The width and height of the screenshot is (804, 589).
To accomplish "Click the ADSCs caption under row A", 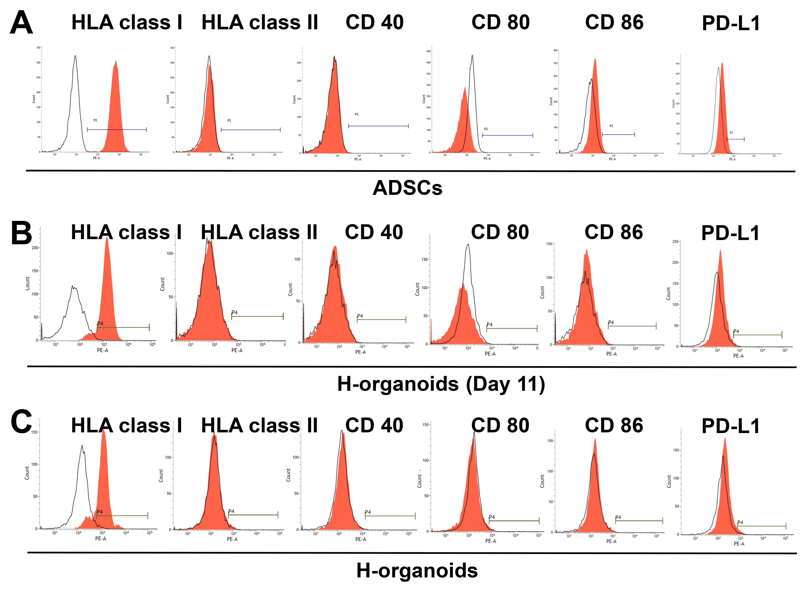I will tap(407, 188).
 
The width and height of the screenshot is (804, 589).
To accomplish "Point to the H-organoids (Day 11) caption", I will tap(441, 384).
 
